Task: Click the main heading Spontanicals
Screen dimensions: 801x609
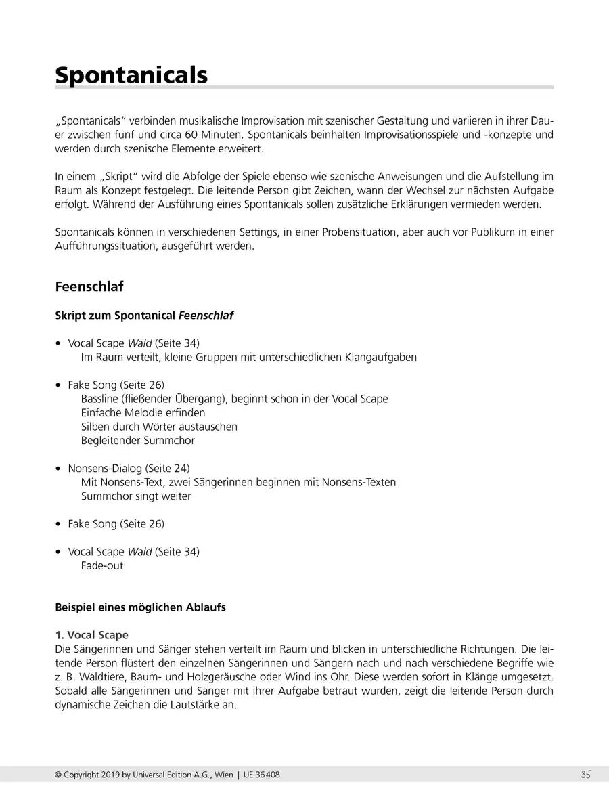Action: [131, 74]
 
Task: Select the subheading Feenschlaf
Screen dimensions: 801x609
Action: [89, 286]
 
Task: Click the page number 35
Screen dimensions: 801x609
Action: [585, 775]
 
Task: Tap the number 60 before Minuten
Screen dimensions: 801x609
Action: [193, 134]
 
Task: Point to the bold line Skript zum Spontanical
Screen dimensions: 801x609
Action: [144, 316]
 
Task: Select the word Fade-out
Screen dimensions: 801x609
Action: [102, 565]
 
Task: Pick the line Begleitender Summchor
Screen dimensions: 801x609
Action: [137, 441]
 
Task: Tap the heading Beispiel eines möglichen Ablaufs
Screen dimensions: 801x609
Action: [140, 607]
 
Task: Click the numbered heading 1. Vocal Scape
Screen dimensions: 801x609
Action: [91, 635]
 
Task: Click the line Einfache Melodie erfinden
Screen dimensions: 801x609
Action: [143, 413]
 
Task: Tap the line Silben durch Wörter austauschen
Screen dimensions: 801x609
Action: [159, 427]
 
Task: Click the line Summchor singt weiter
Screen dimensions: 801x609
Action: [136, 496]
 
